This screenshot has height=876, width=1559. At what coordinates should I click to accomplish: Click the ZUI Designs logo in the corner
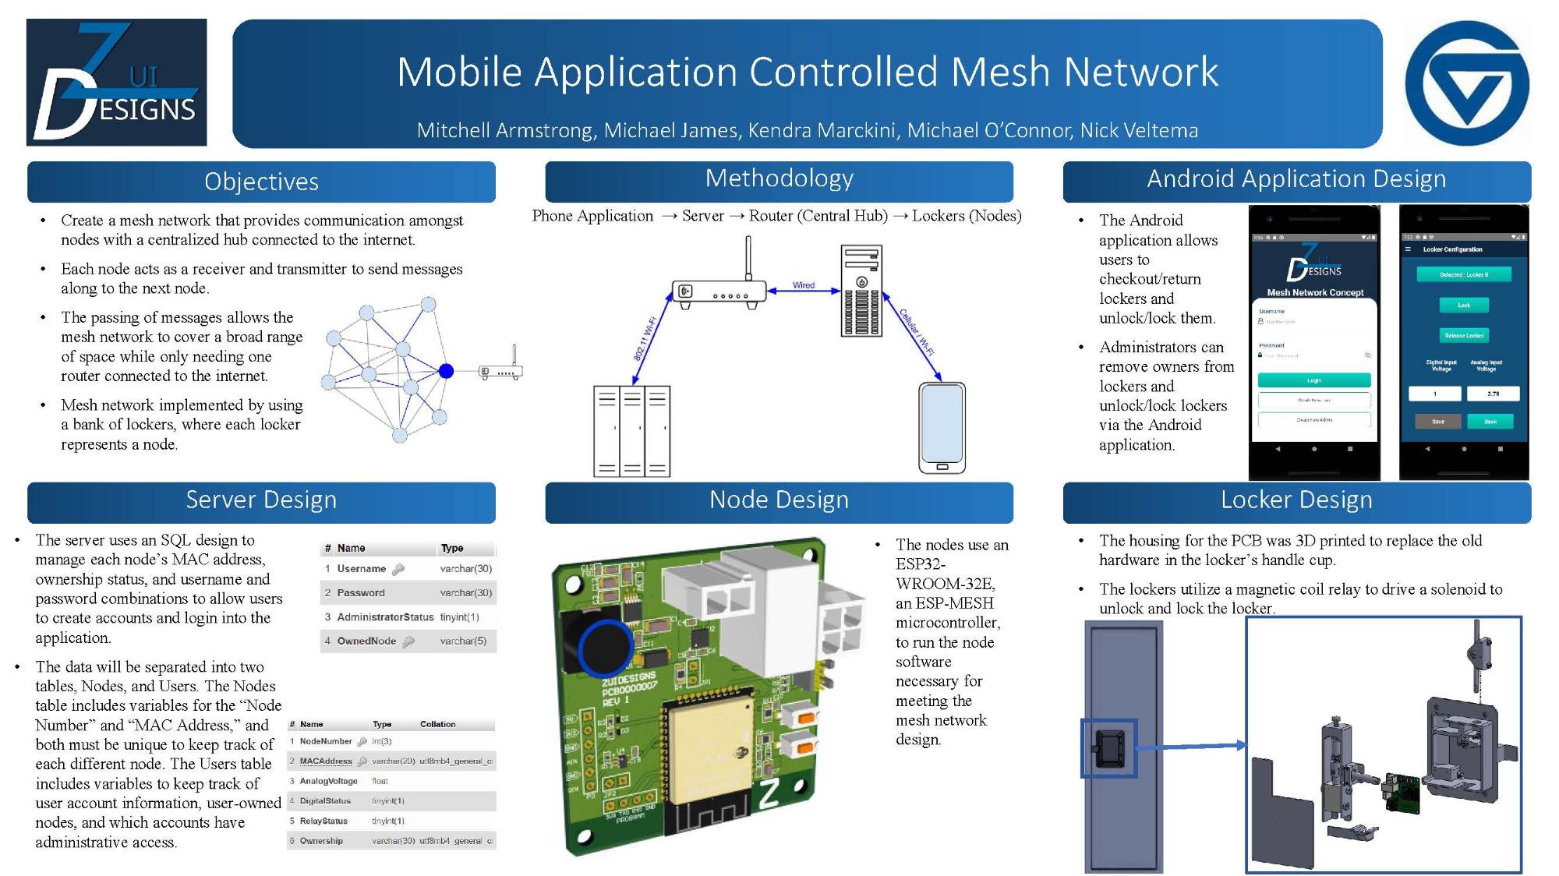coord(117,82)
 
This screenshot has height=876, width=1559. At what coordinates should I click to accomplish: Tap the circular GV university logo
coord(1467,83)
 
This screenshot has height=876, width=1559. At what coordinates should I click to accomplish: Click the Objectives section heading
coord(261,182)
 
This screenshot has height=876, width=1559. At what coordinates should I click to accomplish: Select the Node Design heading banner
coord(779,500)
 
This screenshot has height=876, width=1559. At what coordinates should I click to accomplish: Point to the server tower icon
coord(861,291)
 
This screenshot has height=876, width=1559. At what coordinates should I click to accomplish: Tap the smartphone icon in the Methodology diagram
coord(942,427)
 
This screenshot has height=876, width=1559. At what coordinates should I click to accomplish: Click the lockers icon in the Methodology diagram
coord(631,430)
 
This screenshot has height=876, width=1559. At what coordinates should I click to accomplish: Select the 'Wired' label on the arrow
coord(804,285)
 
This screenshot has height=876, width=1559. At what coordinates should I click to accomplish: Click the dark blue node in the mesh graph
coord(446,371)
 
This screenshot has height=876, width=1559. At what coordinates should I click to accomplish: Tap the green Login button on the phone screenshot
coord(1314,380)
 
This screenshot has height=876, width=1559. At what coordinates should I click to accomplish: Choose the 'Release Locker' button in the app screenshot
coord(1464,335)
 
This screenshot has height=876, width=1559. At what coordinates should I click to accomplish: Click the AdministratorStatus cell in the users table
coord(385,617)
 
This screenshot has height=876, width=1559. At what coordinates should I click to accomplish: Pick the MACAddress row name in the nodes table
coord(326,761)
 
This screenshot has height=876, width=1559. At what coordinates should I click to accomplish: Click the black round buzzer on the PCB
coord(604,648)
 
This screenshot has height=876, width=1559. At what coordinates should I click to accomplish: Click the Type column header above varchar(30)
coord(452,548)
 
